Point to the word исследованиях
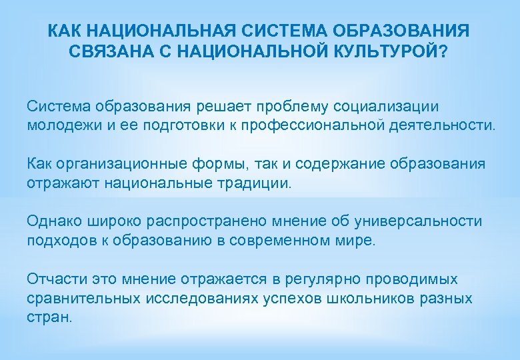click(207, 297)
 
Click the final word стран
click(49, 316)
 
